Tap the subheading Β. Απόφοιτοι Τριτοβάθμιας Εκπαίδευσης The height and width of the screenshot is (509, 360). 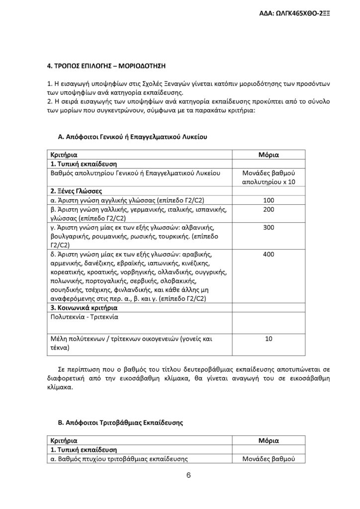(121, 423)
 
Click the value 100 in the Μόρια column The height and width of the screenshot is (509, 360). (269, 200)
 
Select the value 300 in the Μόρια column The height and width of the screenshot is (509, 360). (269, 227)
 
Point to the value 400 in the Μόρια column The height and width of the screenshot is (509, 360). (269, 254)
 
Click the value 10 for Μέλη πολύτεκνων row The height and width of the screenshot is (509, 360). (269, 339)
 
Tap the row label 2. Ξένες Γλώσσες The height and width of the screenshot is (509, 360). (76, 191)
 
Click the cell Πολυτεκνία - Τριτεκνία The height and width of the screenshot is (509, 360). (85, 316)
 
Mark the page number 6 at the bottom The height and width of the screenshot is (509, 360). (189, 475)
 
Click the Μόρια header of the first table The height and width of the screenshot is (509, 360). (269, 155)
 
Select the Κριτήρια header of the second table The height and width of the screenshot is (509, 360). (64, 441)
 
